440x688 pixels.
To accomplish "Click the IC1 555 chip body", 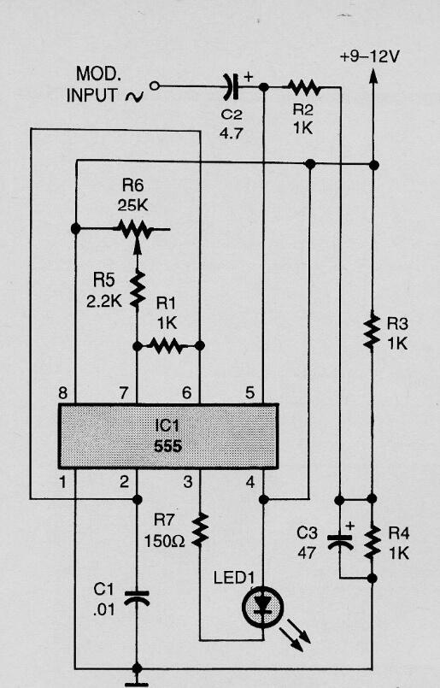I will point(167,436).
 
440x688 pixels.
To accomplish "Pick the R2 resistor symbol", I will point(302,86).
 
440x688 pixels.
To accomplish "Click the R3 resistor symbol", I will point(373,332).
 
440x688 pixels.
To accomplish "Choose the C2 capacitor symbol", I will point(231,86).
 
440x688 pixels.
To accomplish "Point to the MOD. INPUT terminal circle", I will point(155,86).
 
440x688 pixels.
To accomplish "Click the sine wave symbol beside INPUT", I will point(133,97).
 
